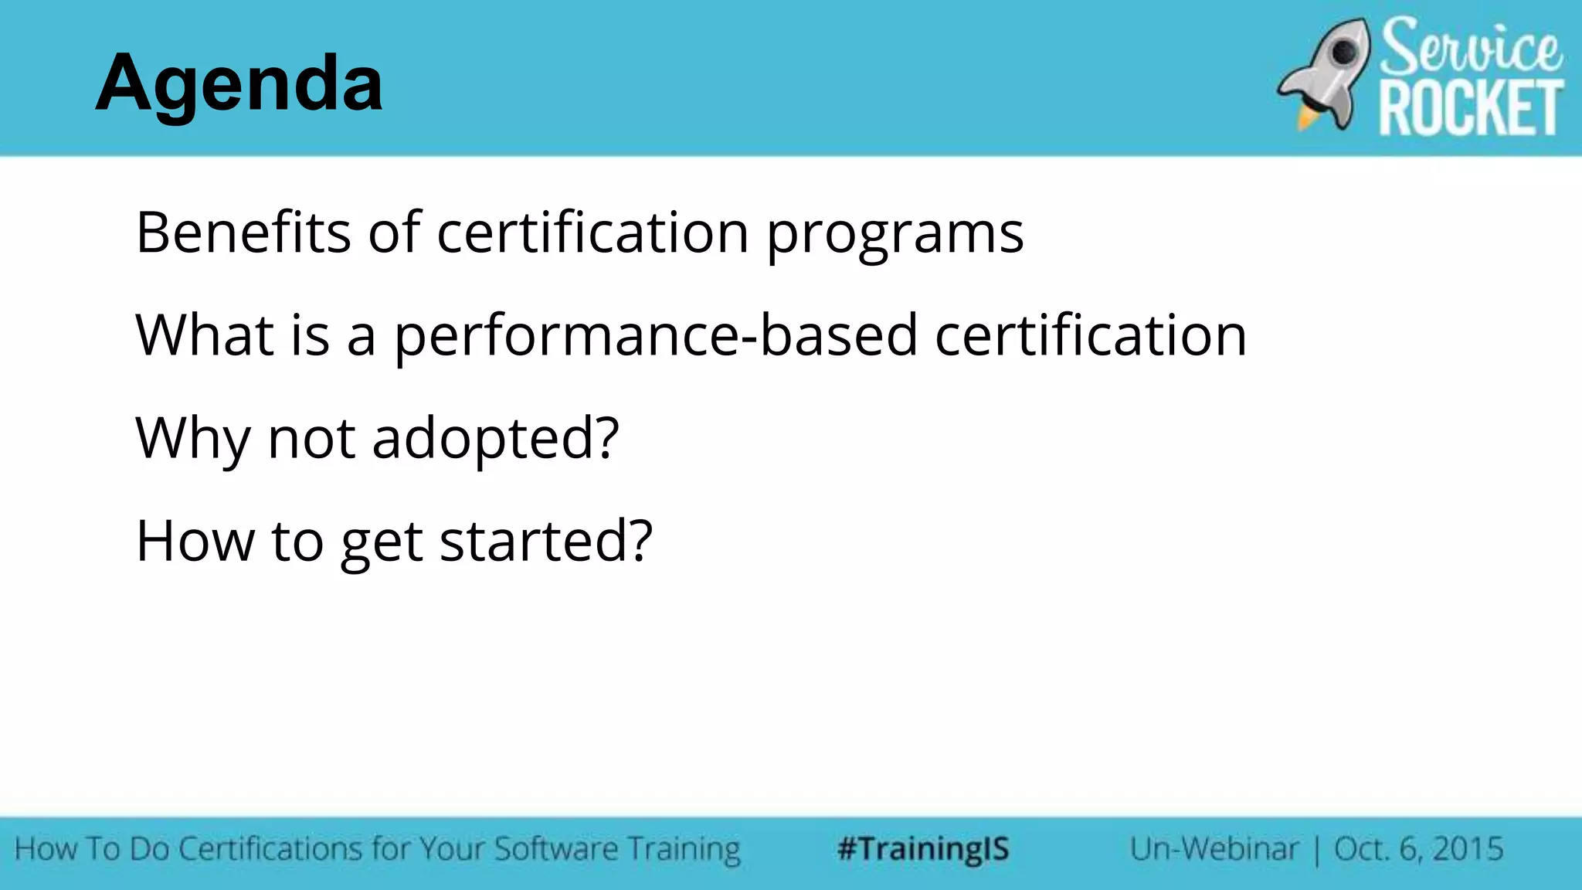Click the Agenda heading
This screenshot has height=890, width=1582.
click(x=239, y=83)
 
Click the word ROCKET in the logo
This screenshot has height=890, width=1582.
click(x=1471, y=109)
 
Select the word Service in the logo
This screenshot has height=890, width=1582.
click(x=1470, y=47)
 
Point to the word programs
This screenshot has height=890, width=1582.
click(x=895, y=233)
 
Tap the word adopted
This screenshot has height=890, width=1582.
click(x=486, y=437)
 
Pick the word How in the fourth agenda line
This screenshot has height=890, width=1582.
click(x=195, y=541)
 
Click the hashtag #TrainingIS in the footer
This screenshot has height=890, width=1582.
click(x=923, y=849)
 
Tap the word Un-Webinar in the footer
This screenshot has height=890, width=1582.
click(x=1214, y=849)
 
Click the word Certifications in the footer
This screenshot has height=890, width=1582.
click(x=270, y=849)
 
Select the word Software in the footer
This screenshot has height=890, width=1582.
click(x=555, y=849)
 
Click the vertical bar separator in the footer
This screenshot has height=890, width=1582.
click(x=1317, y=850)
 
